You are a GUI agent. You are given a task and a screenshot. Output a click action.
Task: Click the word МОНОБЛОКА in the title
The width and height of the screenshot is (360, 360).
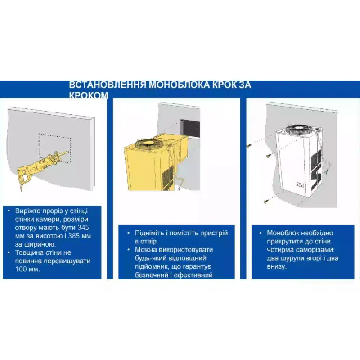pyautogui.click(x=179, y=85)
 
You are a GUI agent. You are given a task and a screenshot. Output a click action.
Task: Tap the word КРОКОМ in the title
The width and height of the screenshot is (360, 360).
pyautogui.click(x=89, y=95)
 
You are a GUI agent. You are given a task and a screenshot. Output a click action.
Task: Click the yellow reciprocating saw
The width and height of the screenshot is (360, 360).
pyautogui.click(x=41, y=166)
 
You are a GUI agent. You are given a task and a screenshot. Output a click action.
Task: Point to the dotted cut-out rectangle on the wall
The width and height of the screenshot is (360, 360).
pyautogui.click(x=54, y=148)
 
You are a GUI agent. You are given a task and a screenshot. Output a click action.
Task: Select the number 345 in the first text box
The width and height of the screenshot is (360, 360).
pyautogui.click(x=83, y=228)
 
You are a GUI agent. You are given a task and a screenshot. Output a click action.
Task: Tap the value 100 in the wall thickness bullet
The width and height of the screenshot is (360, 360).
pyautogui.click(x=21, y=269)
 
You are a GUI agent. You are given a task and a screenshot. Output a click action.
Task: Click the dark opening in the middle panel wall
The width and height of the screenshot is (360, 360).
pyautogui.click(x=190, y=129)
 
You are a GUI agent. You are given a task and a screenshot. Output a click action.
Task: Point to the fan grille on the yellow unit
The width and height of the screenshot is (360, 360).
pyautogui.click(x=148, y=144)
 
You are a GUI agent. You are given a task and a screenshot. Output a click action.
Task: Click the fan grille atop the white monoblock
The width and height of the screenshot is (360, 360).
pyautogui.click(x=299, y=129)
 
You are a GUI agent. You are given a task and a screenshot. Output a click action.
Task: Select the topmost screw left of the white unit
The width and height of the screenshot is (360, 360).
pyautogui.click(x=249, y=145)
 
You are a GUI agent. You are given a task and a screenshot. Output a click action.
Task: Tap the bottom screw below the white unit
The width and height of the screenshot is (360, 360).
pyautogui.click(x=267, y=201)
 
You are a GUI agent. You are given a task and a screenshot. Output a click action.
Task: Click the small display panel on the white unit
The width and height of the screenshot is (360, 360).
pyautogui.click(x=300, y=185)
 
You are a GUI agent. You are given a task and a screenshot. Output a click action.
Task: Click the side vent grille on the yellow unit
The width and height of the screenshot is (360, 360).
pyautogui.click(x=168, y=177)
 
